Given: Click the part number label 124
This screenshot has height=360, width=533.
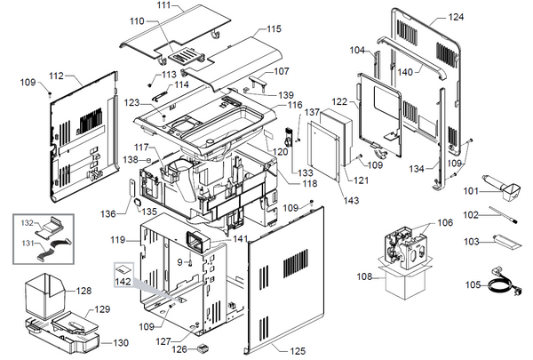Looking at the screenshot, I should pyautogui.click(x=456, y=17).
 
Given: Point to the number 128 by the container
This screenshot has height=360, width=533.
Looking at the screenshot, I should pyautogui.click(x=83, y=291).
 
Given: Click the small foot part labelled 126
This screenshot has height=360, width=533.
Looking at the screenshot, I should pyautogui.click(x=203, y=348).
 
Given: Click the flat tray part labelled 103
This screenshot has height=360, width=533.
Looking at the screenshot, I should pyautogui.click(x=501, y=241).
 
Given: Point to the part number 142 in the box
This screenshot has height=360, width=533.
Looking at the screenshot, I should pyautogui.click(x=123, y=281).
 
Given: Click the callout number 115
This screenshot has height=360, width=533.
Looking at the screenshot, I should pyautogui.click(x=274, y=30).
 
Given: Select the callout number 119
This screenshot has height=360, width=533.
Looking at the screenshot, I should pyautogui.click(x=118, y=241).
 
